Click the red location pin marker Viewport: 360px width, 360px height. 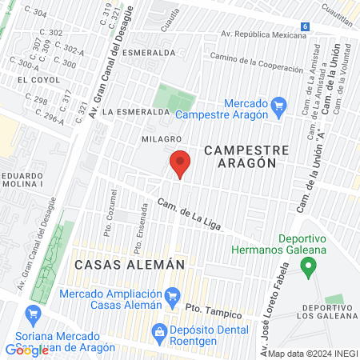tap(180, 164)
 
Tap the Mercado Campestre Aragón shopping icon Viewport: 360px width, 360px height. tap(278, 104)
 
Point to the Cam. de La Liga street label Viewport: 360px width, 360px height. tap(190, 212)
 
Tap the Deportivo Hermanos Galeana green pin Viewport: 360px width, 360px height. tap(310, 267)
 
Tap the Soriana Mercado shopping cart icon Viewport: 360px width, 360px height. tap(33, 314)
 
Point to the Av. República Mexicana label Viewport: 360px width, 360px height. tap(262, 36)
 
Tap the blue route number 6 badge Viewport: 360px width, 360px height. tap(305, 26)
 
